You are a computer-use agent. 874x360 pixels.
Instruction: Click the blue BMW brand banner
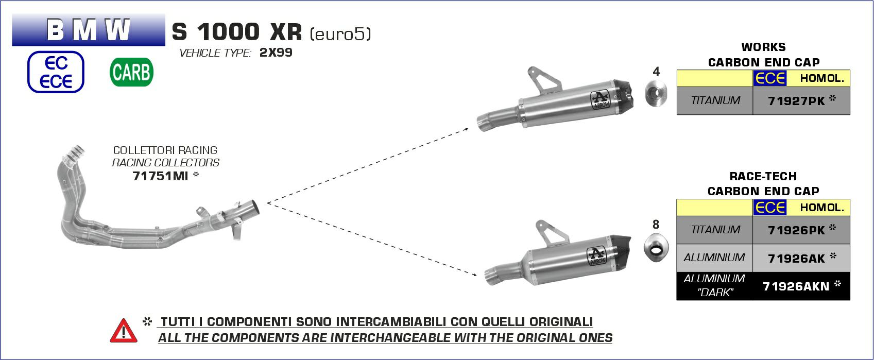[89, 30]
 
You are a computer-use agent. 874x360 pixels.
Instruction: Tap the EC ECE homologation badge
[56, 72]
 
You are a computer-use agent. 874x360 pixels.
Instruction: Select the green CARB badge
[132, 72]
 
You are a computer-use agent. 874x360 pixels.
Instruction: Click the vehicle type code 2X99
[276, 53]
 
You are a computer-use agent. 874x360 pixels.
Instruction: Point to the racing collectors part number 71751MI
[160, 176]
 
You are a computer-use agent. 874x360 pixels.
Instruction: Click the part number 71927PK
[796, 101]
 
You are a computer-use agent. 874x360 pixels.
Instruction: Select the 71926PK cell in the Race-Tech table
[801, 230]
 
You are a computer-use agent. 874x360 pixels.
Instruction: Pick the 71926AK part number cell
[801, 258]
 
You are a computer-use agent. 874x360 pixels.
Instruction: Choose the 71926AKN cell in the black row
[801, 286]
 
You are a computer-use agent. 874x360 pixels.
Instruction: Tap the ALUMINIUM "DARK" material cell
[714, 286]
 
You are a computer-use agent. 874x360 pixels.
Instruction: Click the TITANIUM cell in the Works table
[715, 100]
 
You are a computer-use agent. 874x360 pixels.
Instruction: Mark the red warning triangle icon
[123, 331]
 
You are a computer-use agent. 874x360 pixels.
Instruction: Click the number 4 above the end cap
[656, 72]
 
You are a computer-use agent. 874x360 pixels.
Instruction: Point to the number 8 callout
[656, 224]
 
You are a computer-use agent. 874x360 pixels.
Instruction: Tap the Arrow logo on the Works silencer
[601, 100]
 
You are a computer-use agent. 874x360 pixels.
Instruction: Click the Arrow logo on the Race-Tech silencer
[597, 256]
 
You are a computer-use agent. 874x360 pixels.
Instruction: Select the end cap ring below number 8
[656, 248]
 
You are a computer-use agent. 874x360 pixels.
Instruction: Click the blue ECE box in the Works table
[770, 78]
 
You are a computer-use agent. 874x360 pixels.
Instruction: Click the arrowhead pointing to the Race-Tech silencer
[474, 275]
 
